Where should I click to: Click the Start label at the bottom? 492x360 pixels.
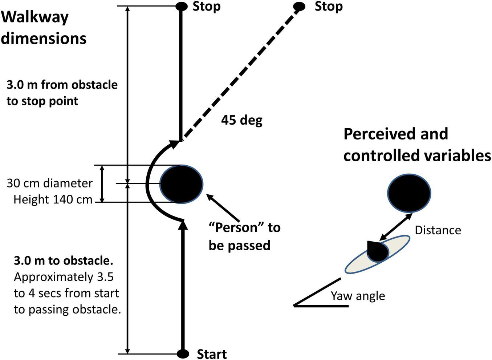click(212, 353)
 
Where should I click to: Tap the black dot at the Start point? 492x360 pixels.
click(183, 353)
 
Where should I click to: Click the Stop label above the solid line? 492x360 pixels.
click(206, 7)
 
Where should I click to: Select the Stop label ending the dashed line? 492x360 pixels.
click(329, 7)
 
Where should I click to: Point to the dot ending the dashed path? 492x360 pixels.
click(299, 6)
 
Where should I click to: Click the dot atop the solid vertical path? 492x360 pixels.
click(181, 6)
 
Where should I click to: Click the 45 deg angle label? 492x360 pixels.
click(242, 120)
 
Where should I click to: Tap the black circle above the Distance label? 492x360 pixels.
click(409, 193)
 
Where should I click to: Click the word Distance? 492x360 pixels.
click(438, 230)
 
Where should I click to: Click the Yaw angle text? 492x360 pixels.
click(358, 296)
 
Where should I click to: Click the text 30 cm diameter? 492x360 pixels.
click(50, 183)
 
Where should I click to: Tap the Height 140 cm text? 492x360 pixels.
click(53, 199)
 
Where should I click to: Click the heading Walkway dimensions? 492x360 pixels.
click(44, 28)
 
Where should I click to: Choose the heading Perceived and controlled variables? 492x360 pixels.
click(417, 145)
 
